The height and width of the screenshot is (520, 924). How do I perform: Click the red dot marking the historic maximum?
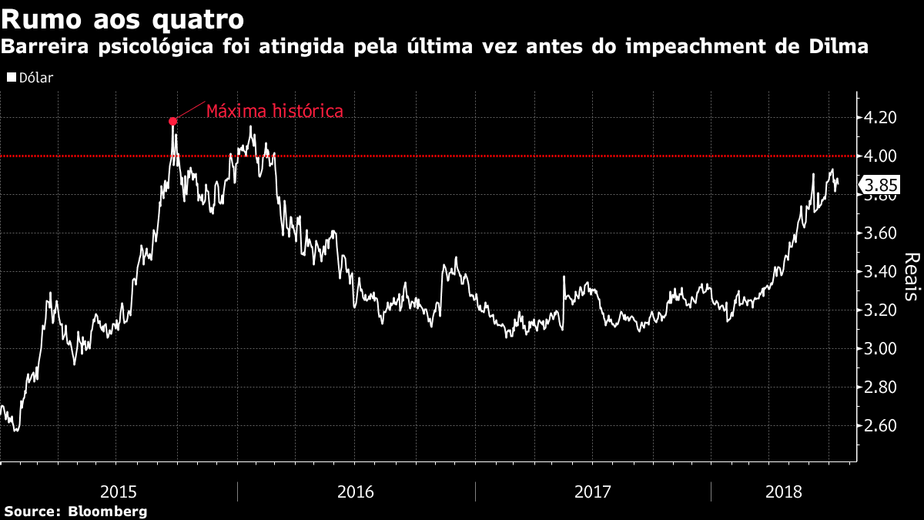[x=172, y=121]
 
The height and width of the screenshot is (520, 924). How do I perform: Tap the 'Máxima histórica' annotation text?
[x=274, y=111]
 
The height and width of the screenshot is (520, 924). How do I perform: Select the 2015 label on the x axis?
[x=119, y=491]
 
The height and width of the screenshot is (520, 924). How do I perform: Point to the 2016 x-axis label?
[x=356, y=491]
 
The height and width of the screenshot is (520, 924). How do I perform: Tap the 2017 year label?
[x=593, y=491]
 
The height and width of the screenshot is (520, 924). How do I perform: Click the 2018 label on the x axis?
[x=785, y=491]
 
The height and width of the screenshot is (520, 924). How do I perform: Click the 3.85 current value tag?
[x=880, y=186]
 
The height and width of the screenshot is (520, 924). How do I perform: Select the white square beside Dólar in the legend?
[x=11, y=78]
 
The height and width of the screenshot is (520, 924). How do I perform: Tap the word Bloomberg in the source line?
[x=108, y=512]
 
